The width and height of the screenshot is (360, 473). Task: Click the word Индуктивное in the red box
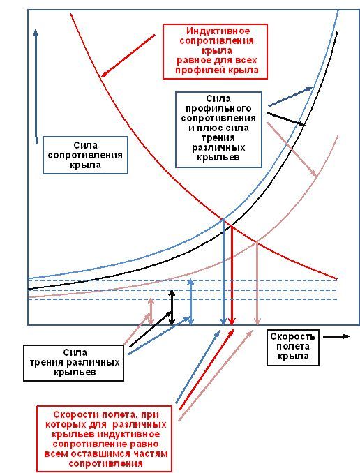[218, 31]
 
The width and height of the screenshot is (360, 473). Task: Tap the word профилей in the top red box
[201, 70]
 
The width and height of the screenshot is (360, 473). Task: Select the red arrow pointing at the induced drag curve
[128, 56]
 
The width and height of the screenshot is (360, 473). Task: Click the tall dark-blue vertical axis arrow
[36, 87]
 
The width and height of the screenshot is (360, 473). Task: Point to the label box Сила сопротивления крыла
[85, 155]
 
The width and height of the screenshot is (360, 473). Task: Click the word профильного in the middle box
[218, 108]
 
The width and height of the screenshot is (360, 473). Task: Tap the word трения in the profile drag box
[218, 137]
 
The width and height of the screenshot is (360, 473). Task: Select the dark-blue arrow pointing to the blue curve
[291, 96]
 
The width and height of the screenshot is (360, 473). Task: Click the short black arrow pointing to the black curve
[286, 119]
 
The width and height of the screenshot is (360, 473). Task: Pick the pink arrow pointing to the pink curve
[292, 149]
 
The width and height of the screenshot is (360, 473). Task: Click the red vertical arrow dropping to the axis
[232, 275]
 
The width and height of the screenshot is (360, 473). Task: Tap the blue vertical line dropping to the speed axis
[223, 272]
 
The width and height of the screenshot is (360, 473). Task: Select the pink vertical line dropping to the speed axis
[257, 283]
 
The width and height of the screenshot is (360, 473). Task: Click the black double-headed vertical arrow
[172, 308]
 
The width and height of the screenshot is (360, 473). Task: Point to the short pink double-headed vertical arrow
[151, 312]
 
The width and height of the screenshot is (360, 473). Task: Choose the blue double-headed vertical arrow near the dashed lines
[190, 302]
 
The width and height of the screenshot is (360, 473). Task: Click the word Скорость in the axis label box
[293, 336]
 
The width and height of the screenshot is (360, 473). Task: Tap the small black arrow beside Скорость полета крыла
[336, 336]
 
